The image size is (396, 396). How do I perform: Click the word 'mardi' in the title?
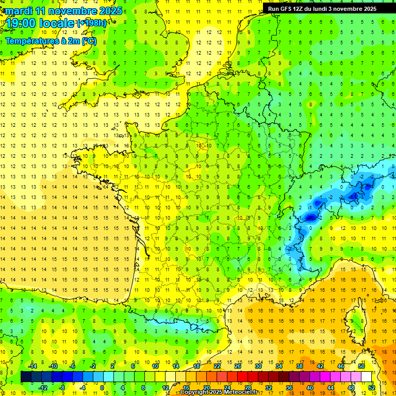19,11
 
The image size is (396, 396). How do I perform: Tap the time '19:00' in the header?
21,23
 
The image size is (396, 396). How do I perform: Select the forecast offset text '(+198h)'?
91,23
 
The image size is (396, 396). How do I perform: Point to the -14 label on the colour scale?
32,366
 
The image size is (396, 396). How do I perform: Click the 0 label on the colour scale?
103,388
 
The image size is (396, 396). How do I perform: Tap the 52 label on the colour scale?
371,388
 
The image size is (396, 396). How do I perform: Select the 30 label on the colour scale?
258,366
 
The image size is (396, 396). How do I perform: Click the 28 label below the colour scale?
247,388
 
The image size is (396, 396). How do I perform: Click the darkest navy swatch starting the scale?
26,377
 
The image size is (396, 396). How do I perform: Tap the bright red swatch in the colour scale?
242,377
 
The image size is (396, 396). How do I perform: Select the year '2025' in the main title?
110,11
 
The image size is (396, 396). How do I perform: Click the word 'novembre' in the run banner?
360,9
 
